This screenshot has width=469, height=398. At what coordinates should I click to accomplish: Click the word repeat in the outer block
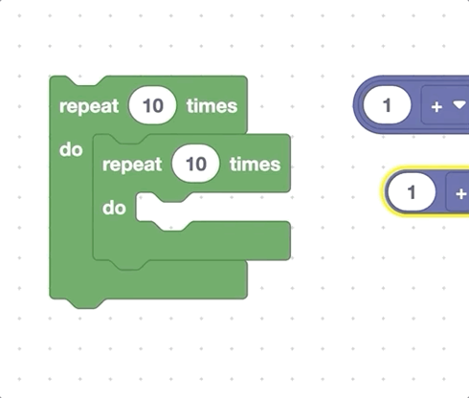click(x=89, y=105)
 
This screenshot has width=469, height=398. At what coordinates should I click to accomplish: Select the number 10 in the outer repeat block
click(x=152, y=105)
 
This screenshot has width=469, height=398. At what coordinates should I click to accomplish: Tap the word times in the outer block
click(x=212, y=105)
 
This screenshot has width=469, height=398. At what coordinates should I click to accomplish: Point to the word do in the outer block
click(x=70, y=150)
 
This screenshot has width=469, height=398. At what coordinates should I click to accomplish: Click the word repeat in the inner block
click(x=132, y=164)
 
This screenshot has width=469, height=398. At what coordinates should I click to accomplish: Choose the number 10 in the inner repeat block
click(x=195, y=164)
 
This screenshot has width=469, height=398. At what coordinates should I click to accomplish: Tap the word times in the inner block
click(x=255, y=164)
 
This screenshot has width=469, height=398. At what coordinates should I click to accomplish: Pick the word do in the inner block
click(x=114, y=207)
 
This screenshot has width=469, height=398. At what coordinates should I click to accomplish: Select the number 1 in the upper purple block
click(x=388, y=105)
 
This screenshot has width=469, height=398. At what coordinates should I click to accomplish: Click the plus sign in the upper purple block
click(x=436, y=106)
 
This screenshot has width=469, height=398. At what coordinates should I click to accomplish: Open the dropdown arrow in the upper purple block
click(x=458, y=105)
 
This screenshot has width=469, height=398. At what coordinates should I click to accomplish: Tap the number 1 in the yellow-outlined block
click(x=413, y=193)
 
